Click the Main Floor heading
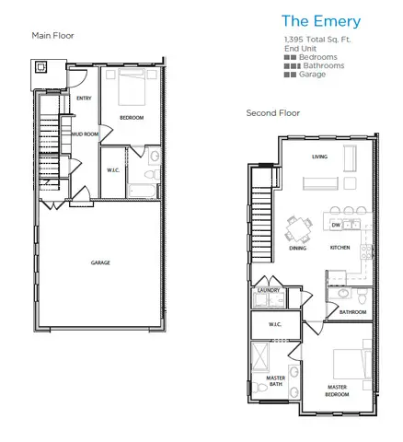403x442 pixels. click(52, 36)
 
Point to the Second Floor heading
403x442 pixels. click(272, 113)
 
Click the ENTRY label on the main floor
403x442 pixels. click(84, 98)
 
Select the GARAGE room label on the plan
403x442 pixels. click(100, 262)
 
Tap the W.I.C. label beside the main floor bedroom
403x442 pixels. click(113, 169)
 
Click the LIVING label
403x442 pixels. click(320, 157)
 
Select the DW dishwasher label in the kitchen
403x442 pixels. click(336, 225)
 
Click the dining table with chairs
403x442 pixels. click(298, 227)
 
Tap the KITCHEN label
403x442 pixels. click(340, 249)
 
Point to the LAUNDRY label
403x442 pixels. click(268, 290)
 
